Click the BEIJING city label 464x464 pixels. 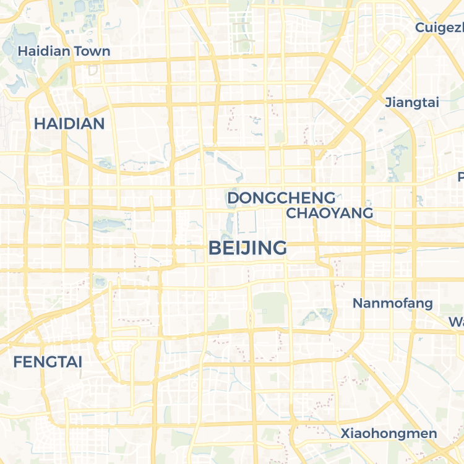(x=247, y=248)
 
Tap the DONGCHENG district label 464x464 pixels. (x=281, y=198)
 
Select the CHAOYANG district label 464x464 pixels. (x=330, y=213)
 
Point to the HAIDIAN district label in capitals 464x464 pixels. (x=69, y=124)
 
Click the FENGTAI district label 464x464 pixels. (x=48, y=362)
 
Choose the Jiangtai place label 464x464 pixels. (x=412, y=103)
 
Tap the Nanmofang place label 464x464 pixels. (x=392, y=303)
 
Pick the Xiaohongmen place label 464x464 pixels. (x=389, y=434)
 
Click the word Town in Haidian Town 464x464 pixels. (x=92, y=51)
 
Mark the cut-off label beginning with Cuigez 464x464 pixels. (x=439, y=28)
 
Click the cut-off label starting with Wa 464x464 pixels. (x=457, y=322)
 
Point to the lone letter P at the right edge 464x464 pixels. (x=460, y=177)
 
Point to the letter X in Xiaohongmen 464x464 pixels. (x=345, y=434)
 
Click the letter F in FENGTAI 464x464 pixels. (x=17, y=362)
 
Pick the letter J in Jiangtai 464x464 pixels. (x=388, y=103)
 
